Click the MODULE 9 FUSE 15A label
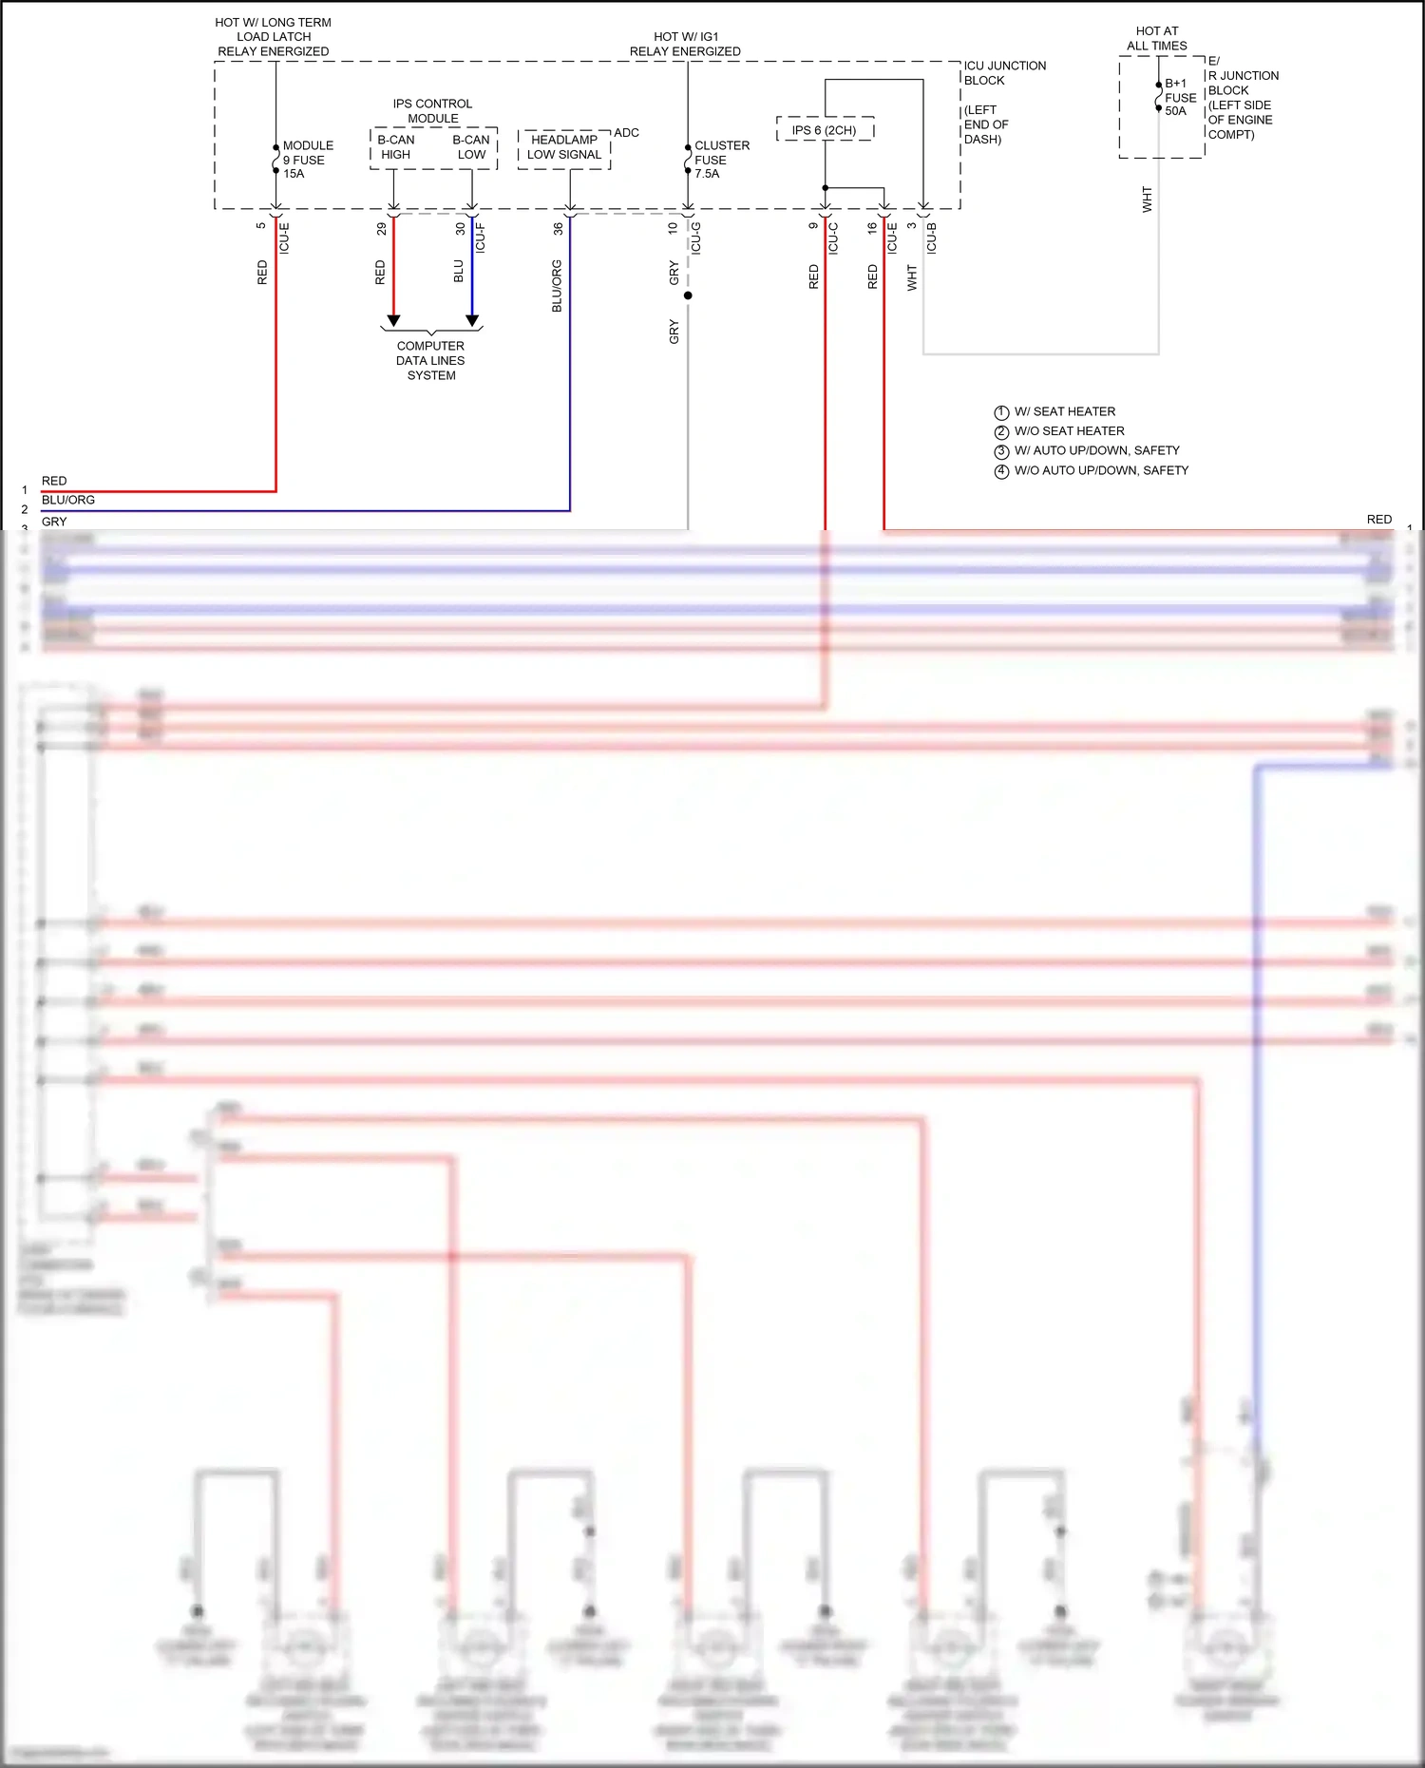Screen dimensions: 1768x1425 click(x=307, y=160)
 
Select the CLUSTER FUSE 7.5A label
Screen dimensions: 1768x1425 click(x=720, y=160)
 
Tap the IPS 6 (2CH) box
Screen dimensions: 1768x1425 click(x=825, y=130)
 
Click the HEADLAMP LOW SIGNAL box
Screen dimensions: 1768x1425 click(x=564, y=147)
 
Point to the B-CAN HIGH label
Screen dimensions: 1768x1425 click(x=395, y=147)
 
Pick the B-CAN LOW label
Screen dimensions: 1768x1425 click(x=471, y=147)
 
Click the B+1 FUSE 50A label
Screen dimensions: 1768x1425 click(x=1180, y=97)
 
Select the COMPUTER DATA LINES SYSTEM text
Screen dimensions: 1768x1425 click(x=431, y=361)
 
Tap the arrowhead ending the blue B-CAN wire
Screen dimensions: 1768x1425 click(x=472, y=321)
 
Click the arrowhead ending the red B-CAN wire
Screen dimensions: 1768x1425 click(x=393, y=321)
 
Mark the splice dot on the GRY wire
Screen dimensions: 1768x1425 click(x=688, y=295)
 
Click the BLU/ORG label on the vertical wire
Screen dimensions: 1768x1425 click(x=557, y=285)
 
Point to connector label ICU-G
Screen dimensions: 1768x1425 click(x=696, y=238)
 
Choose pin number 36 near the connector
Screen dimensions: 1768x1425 click(x=558, y=229)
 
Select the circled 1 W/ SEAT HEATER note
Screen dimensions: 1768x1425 click(x=1054, y=412)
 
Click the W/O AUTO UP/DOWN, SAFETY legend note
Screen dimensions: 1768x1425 click(x=1092, y=471)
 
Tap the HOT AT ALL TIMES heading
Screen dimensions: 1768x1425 click(x=1157, y=38)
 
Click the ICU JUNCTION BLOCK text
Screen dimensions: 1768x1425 click(x=1004, y=73)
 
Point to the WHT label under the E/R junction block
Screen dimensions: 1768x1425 click(x=1147, y=200)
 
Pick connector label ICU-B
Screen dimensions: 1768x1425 click(x=932, y=238)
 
